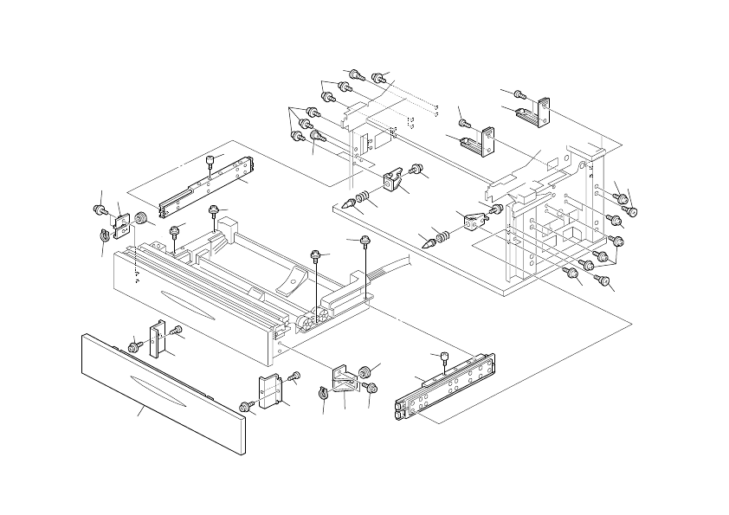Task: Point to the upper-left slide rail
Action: tap(208, 187)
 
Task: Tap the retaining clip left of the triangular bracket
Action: tap(323, 394)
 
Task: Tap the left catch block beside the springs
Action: tap(394, 180)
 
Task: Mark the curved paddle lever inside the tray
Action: tap(292, 280)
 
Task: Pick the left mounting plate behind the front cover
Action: tap(158, 338)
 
